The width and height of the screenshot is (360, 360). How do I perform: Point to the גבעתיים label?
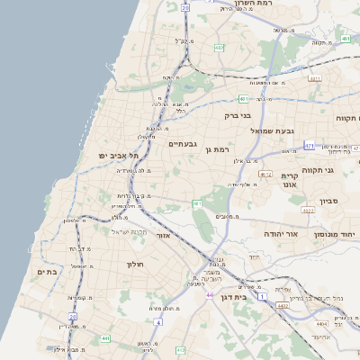(182, 144)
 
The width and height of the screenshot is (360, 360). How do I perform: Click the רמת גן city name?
(219, 149)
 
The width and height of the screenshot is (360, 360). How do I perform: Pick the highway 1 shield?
(261, 296)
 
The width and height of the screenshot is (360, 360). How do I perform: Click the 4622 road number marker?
(308, 211)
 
